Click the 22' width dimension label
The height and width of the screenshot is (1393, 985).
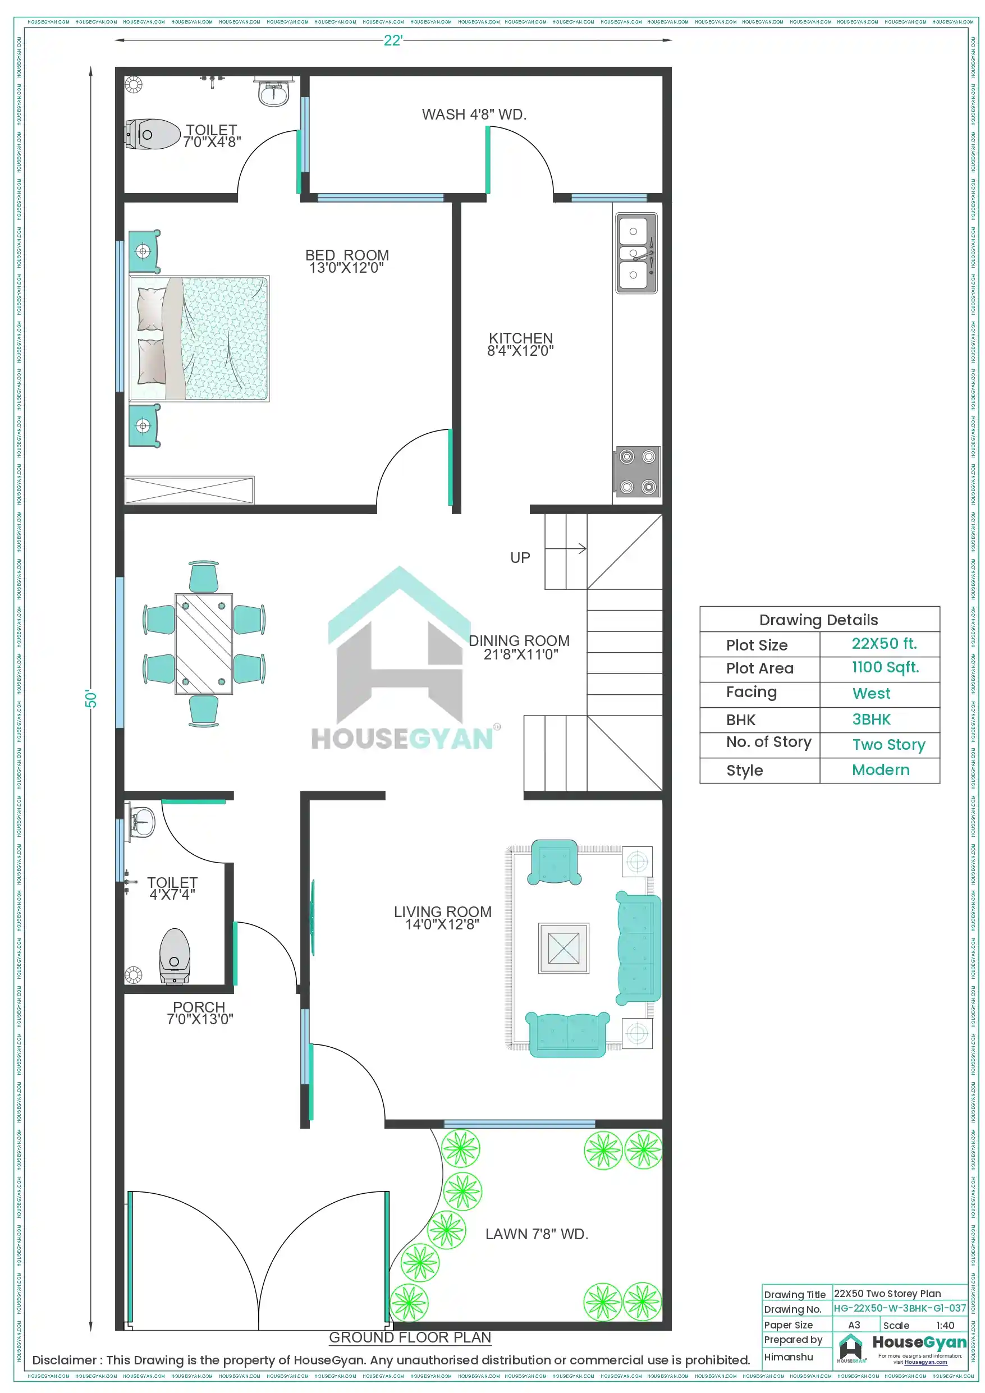coord(393,40)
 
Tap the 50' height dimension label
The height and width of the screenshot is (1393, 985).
coord(91,698)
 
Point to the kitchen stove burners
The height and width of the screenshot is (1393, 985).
coord(637,471)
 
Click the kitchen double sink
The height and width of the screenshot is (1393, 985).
coord(636,253)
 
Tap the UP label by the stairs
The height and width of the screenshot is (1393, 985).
coord(520,557)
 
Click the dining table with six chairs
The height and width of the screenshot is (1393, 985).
coord(204,644)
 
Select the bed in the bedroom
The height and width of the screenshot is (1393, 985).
coord(199,338)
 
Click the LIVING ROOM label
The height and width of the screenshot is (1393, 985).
coord(442,917)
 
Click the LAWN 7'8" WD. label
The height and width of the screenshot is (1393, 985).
coord(537,1234)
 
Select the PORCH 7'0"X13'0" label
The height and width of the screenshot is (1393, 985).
coord(200,1012)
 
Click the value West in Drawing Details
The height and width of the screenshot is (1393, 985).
coord(871,694)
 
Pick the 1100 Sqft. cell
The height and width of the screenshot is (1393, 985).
coord(885,667)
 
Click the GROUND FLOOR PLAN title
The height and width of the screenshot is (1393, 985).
coord(410,1337)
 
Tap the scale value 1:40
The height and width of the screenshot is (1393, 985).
coord(945,1326)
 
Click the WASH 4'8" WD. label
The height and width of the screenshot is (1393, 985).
coord(474,114)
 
